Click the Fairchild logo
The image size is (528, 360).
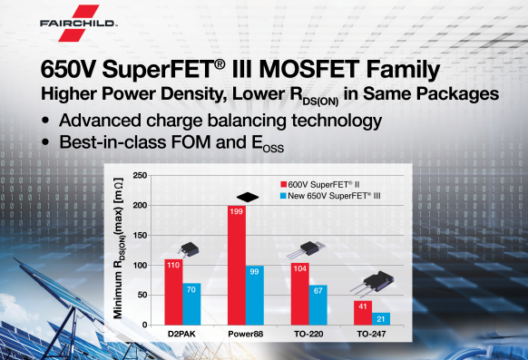[79, 23]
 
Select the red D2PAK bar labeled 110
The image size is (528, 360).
[173, 292]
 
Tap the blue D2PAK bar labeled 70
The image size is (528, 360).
[191, 304]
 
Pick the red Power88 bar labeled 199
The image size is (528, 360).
[237, 266]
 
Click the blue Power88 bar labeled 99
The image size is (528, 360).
[255, 296]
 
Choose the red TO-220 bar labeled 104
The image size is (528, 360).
[299, 294]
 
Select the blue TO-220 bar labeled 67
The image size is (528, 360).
[318, 306]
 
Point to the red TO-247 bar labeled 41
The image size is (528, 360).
[363, 313]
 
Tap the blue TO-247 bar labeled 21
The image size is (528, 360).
[381, 319]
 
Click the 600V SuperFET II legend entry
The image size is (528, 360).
[320, 184]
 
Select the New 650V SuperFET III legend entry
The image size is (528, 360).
[330, 196]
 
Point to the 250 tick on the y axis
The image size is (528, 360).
[140, 175]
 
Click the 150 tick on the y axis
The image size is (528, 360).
[140, 235]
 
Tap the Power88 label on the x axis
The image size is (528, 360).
[246, 334]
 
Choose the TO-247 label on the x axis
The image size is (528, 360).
[371, 334]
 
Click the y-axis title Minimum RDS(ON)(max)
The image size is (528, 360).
[118, 248]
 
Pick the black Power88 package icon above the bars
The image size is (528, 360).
[248, 197]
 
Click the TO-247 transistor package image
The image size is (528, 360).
[372, 283]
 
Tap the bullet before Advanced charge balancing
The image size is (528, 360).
[45, 122]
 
